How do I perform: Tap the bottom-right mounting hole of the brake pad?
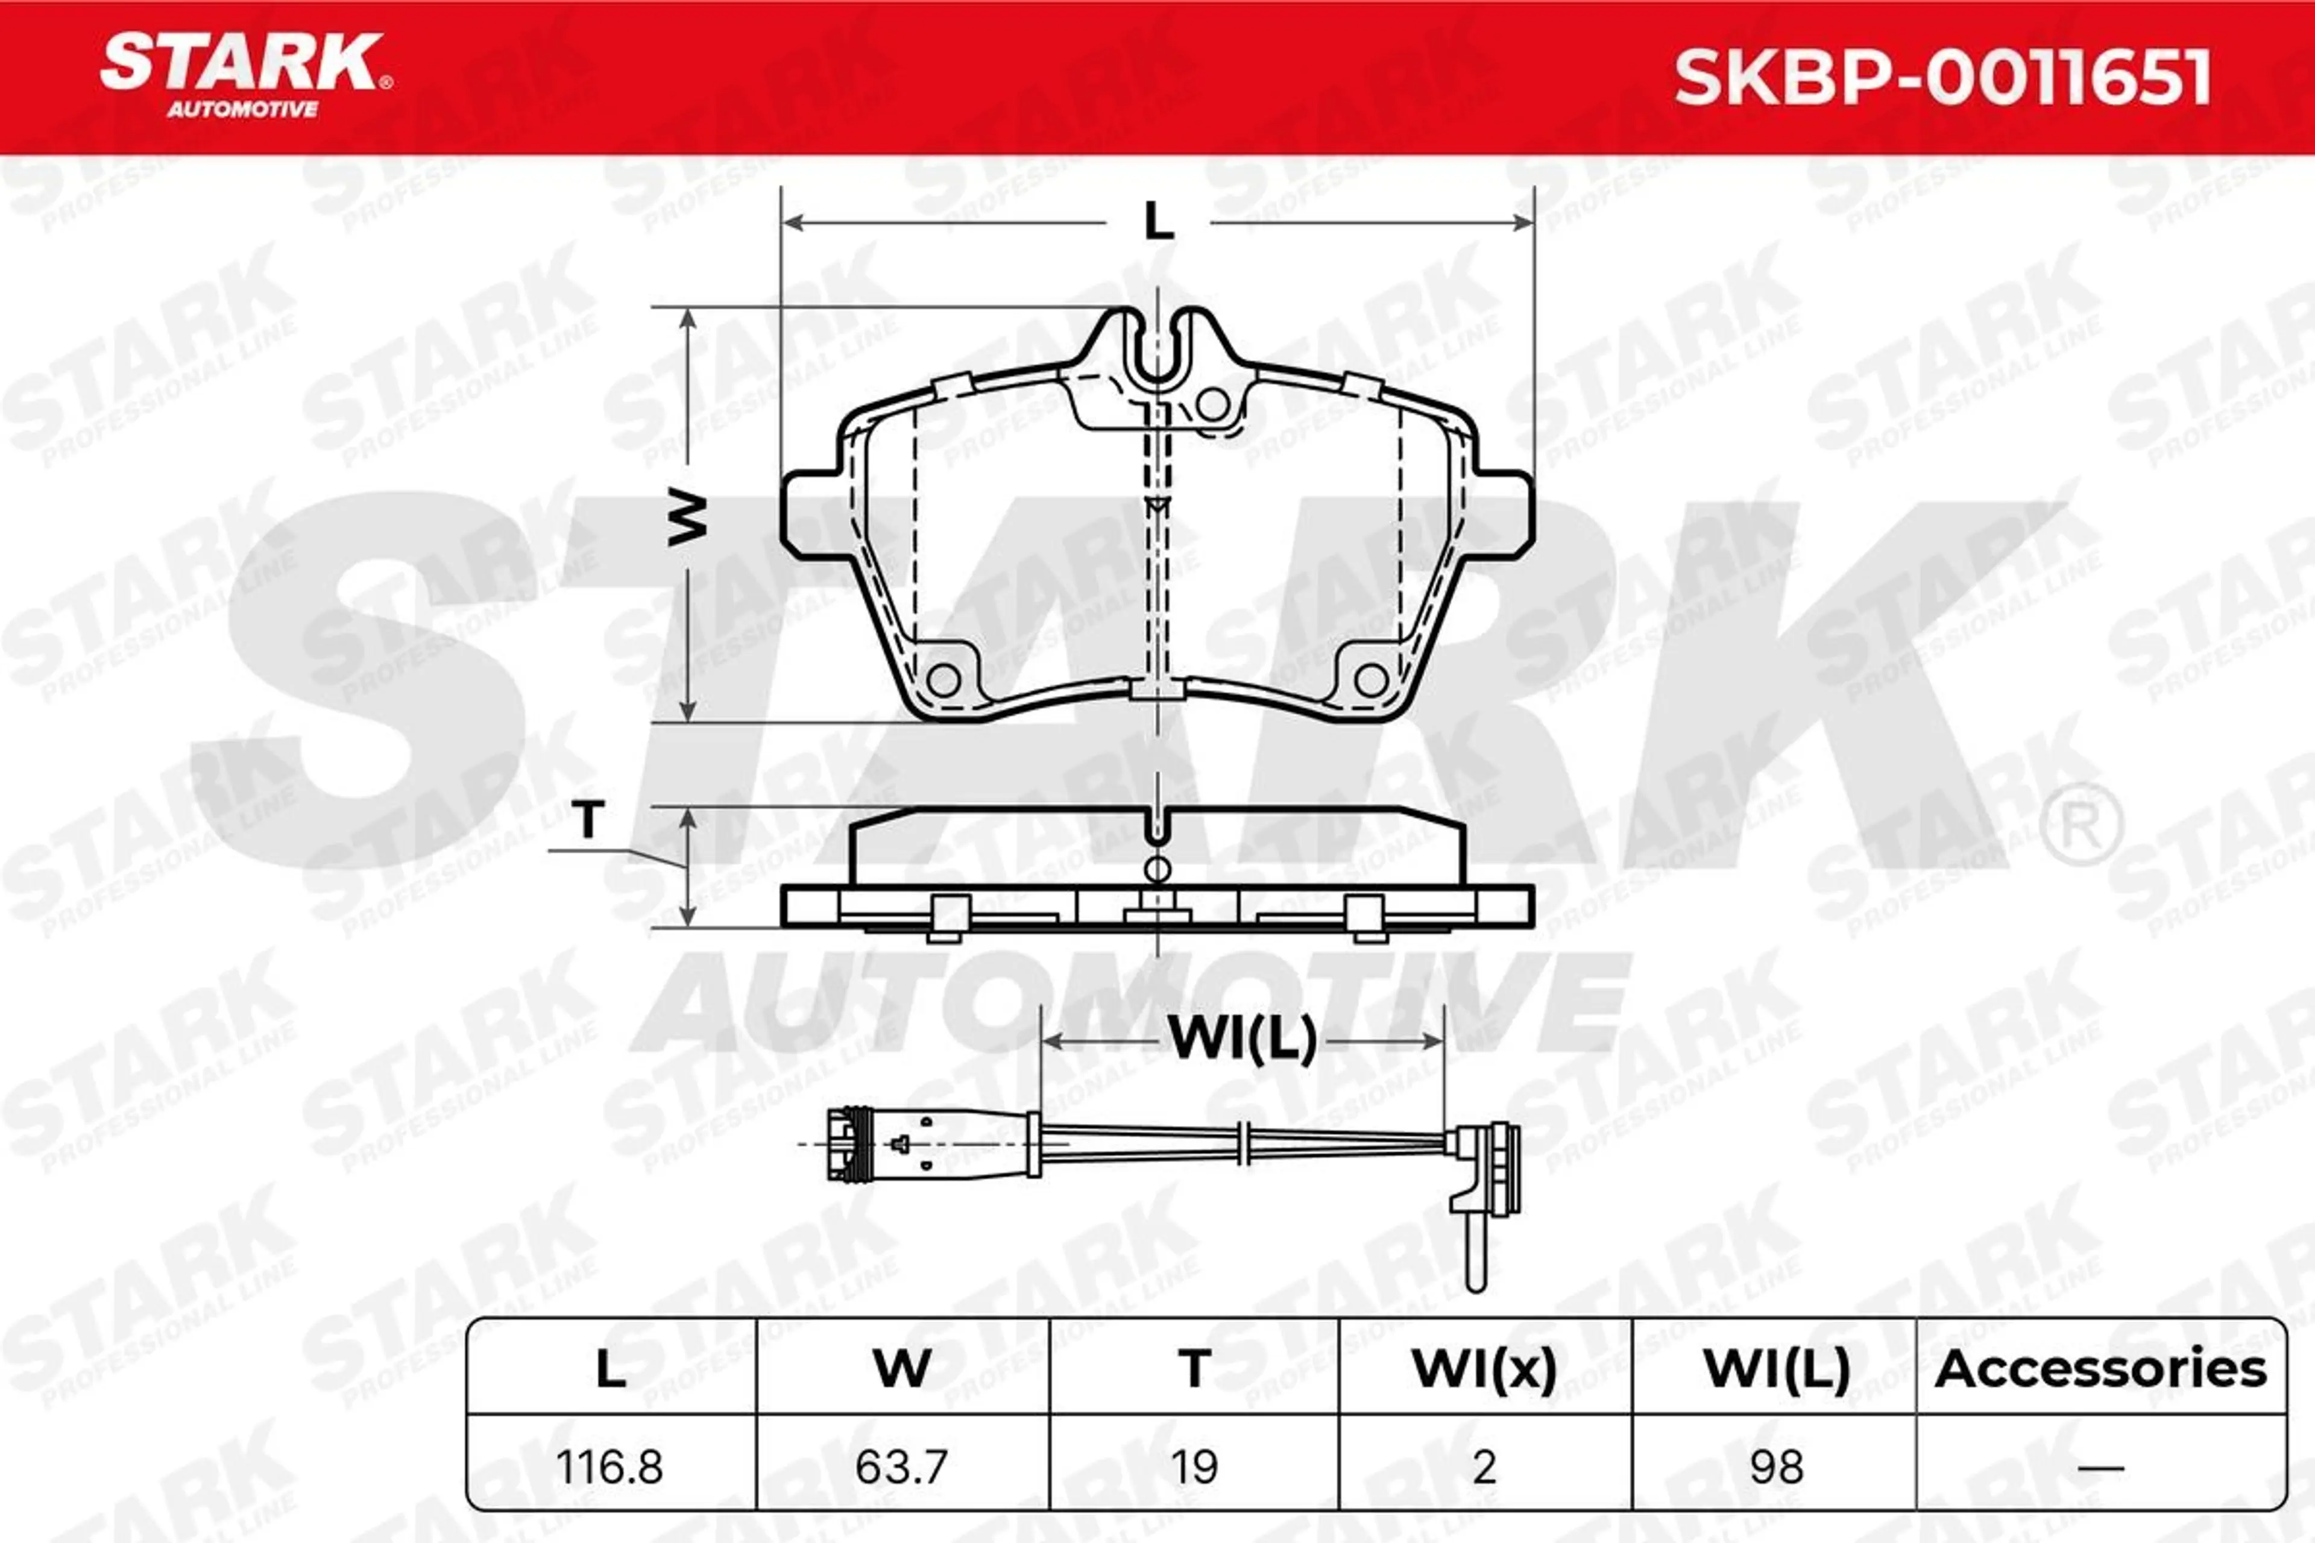pos(1371,679)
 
